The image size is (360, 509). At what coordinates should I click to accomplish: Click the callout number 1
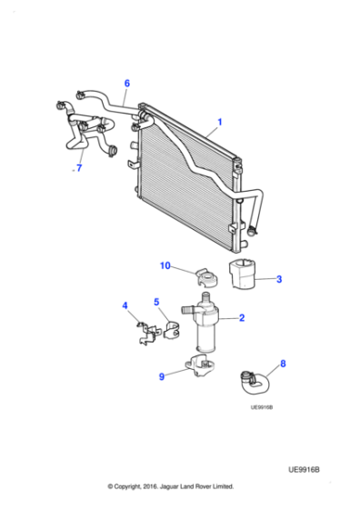point(219,121)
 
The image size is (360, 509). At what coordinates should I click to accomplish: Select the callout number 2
point(242,318)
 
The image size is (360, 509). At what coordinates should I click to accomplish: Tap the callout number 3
point(279,280)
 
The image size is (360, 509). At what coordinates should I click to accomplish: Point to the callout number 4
point(125,305)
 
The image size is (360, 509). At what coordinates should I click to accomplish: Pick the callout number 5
point(156,302)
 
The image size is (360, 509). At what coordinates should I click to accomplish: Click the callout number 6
point(126,84)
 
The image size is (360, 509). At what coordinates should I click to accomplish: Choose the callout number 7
point(79,168)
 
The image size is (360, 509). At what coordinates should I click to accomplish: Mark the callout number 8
point(283,364)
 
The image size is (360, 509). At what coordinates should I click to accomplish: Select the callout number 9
point(162,375)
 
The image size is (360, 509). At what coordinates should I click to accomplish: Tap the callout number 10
point(165,265)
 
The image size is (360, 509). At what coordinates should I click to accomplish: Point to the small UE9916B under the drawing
point(262,406)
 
